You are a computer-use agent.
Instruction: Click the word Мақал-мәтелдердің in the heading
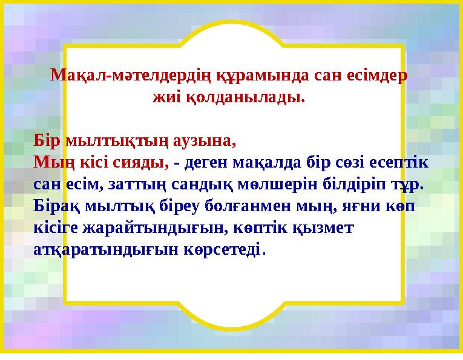126,76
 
